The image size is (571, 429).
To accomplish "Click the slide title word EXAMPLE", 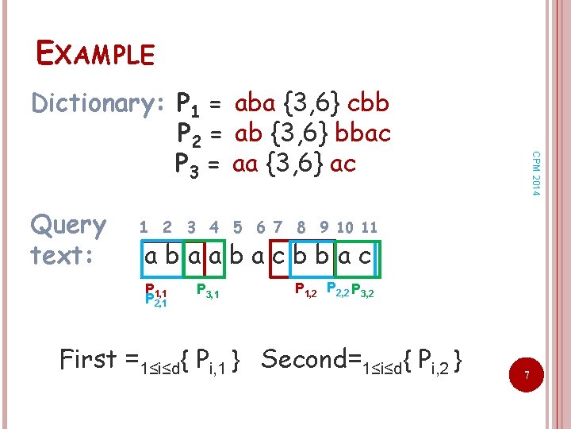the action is tap(95, 53).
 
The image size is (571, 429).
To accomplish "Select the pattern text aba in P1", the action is tap(255, 103).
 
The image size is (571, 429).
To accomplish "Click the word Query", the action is tap(68, 226).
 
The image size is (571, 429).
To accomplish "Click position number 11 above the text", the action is tap(369, 227).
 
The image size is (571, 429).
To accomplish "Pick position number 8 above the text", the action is tap(301, 227).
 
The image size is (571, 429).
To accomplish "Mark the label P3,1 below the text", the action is tap(207, 290).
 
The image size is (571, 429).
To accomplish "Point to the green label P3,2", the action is tap(364, 290).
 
